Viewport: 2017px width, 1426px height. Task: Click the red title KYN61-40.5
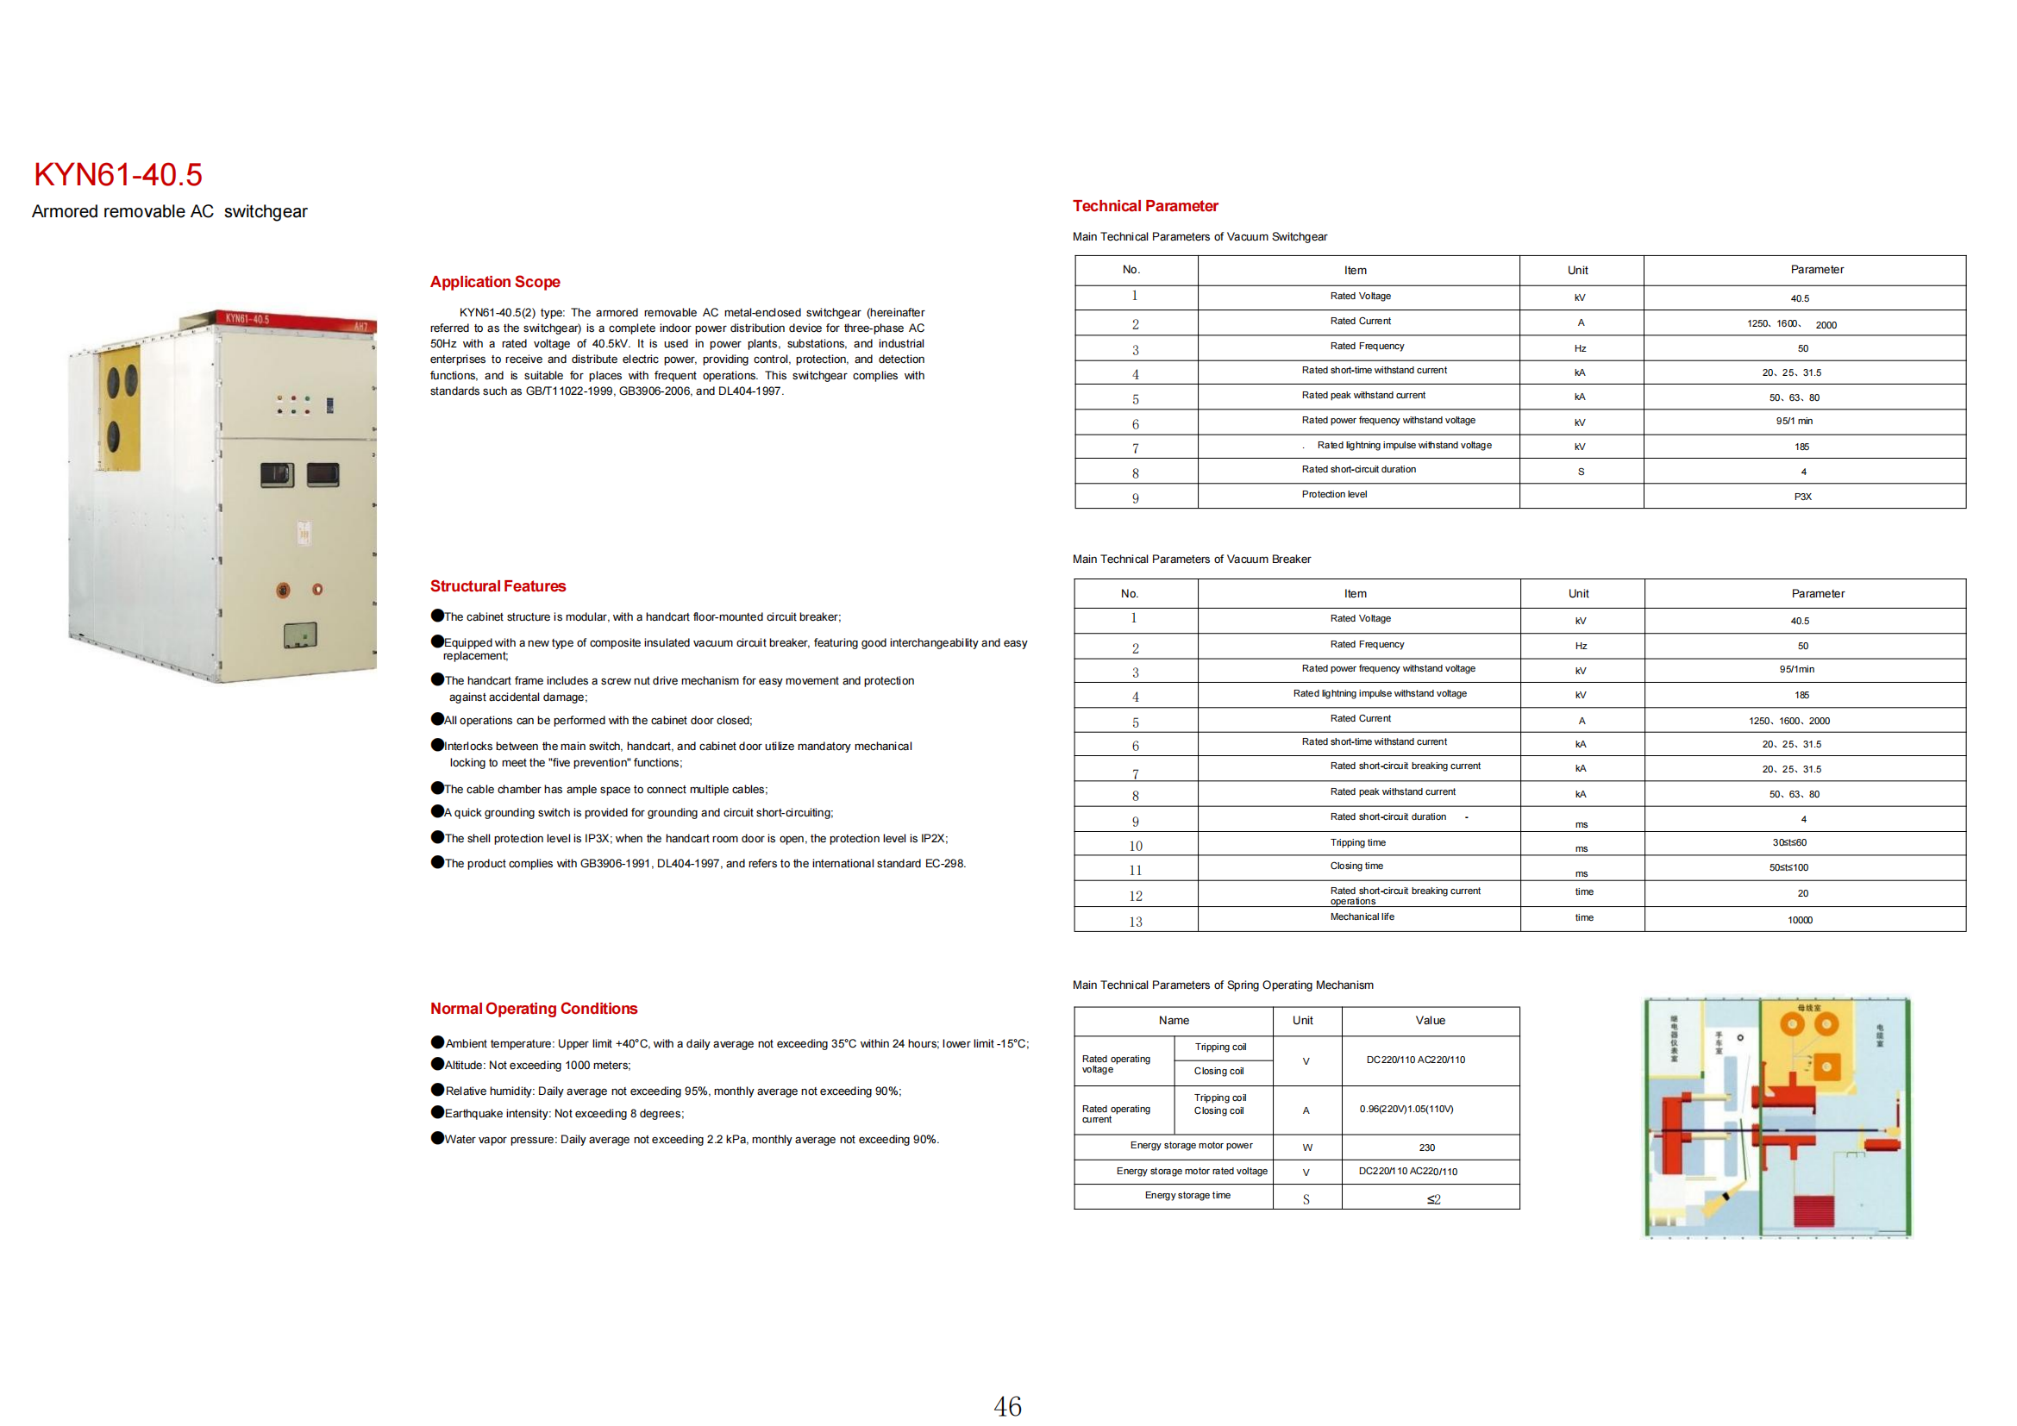(118, 175)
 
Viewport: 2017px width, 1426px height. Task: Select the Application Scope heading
(495, 282)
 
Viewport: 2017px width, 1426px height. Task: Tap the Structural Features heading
(498, 585)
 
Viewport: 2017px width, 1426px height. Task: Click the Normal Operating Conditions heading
(533, 1008)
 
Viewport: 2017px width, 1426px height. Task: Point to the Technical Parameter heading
(1144, 206)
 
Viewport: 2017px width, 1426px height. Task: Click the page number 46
(1006, 1406)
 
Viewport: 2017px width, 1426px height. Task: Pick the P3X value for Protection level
(1801, 497)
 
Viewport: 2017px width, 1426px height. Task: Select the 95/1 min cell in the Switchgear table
(1793, 422)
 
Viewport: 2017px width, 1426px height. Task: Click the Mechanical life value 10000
(1799, 920)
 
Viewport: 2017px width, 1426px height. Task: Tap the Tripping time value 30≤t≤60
(1788, 843)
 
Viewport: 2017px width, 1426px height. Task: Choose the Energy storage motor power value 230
(1426, 1148)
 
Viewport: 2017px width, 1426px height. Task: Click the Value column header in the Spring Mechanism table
(1429, 1020)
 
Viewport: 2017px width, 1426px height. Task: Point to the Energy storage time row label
(1187, 1196)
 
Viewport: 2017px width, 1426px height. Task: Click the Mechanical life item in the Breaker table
(1362, 916)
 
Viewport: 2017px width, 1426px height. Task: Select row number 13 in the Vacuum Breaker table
(1135, 922)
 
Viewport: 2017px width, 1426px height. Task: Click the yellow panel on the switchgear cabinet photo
(121, 409)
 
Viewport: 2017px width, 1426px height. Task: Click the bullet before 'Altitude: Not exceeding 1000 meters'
(436, 1064)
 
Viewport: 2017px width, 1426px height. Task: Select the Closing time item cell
(1356, 866)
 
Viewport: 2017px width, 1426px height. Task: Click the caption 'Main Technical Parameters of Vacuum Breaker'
(1190, 560)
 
